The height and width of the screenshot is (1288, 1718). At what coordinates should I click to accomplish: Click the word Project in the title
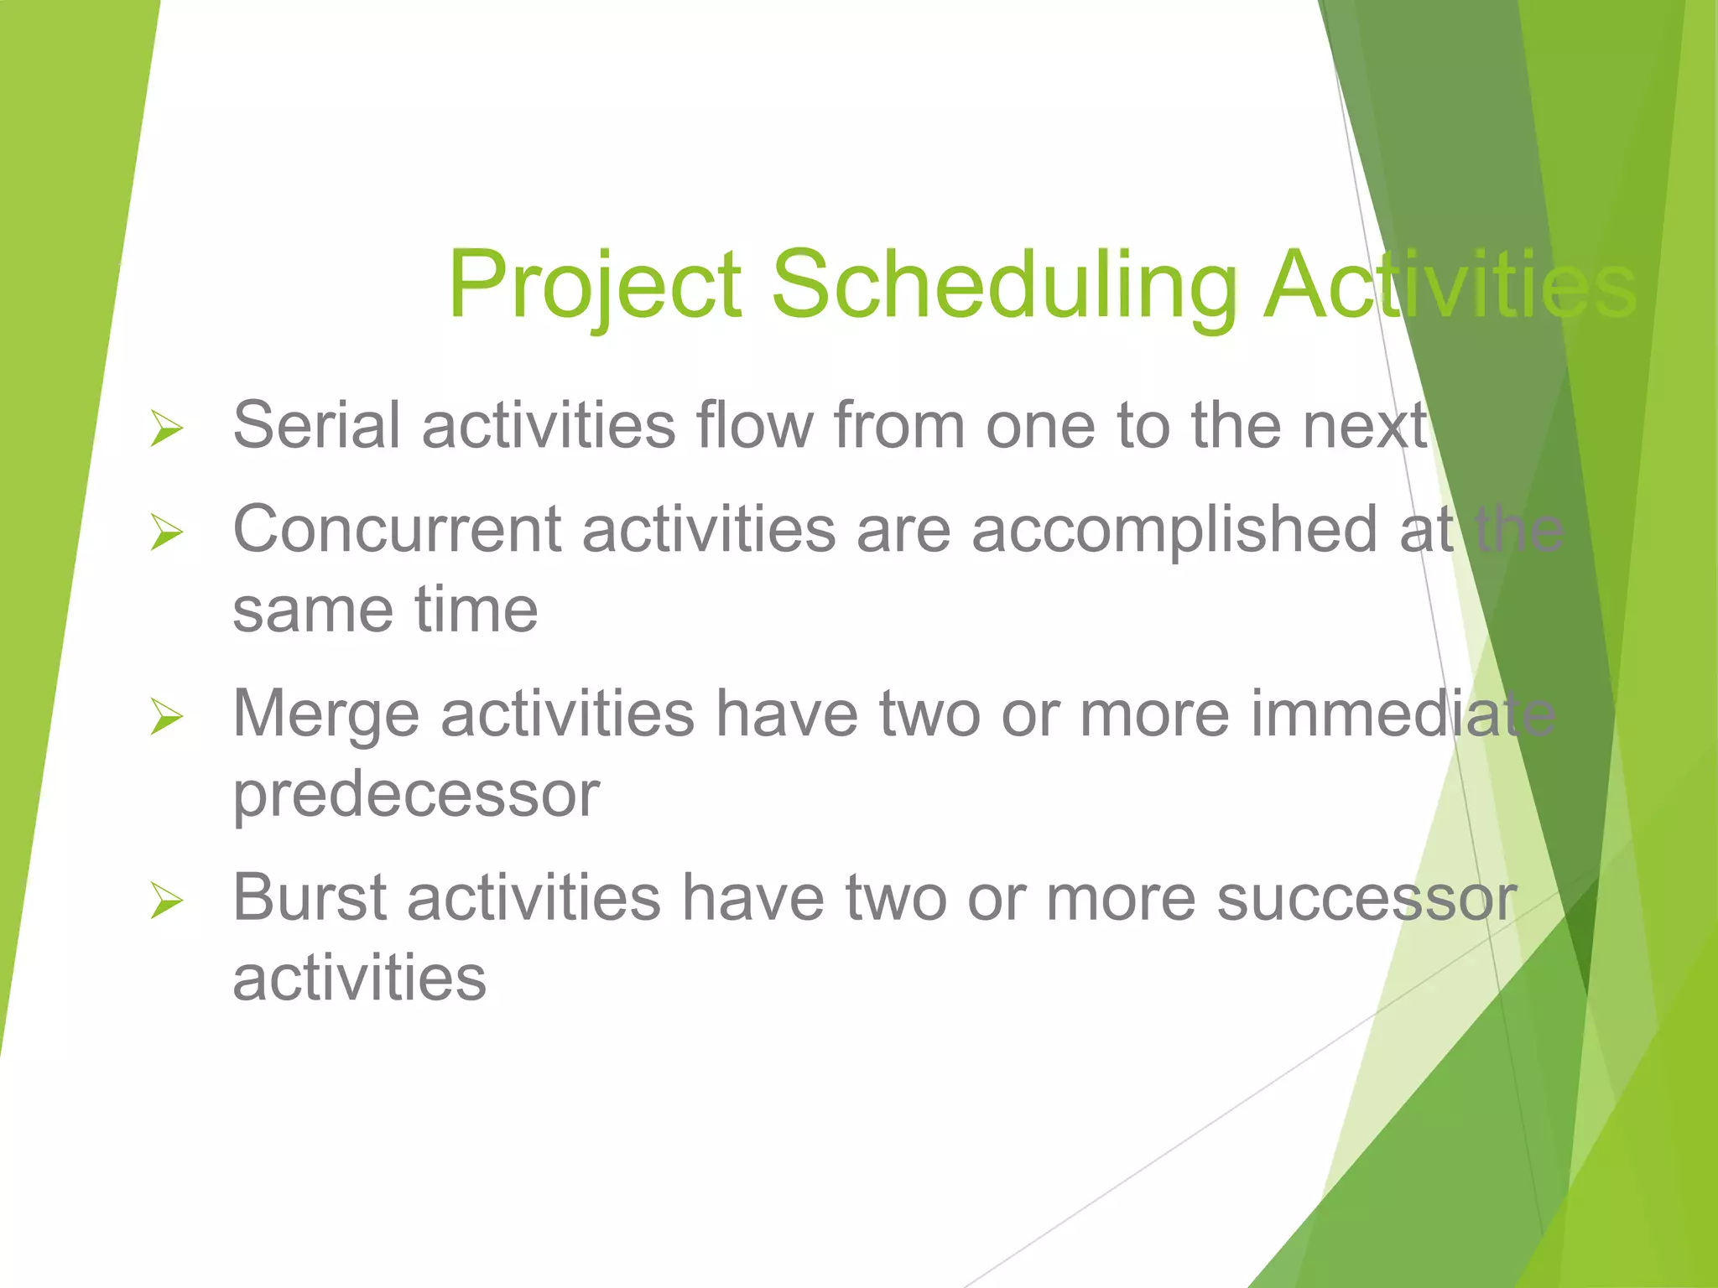pyautogui.click(x=595, y=285)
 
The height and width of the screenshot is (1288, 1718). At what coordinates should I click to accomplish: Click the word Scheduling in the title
pyautogui.click(x=1003, y=285)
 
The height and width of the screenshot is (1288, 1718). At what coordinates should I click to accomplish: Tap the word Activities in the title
pyautogui.click(x=1450, y=285)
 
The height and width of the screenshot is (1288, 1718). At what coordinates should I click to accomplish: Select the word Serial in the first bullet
pyautogui.click(x=316, y=425)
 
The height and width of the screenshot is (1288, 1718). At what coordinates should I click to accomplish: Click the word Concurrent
pyautogui.click(x=397, y=530)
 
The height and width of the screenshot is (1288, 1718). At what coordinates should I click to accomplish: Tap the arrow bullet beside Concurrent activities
pyautogui.click(x=167, y=532)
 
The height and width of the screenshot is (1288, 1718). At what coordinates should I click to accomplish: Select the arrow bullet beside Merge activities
pyautogui.click(x=167, y=717)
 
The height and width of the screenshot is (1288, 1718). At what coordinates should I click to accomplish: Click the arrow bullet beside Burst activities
pyautogui.click(x=167, y=901)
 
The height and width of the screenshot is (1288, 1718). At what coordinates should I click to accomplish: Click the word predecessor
pyautogui.click(x=416, y=795)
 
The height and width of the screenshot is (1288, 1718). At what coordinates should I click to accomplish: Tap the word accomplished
pyautogui.click(x=1174, y=530)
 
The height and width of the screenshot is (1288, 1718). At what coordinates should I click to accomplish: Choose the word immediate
pyautogui.click(x=1403, y=714)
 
